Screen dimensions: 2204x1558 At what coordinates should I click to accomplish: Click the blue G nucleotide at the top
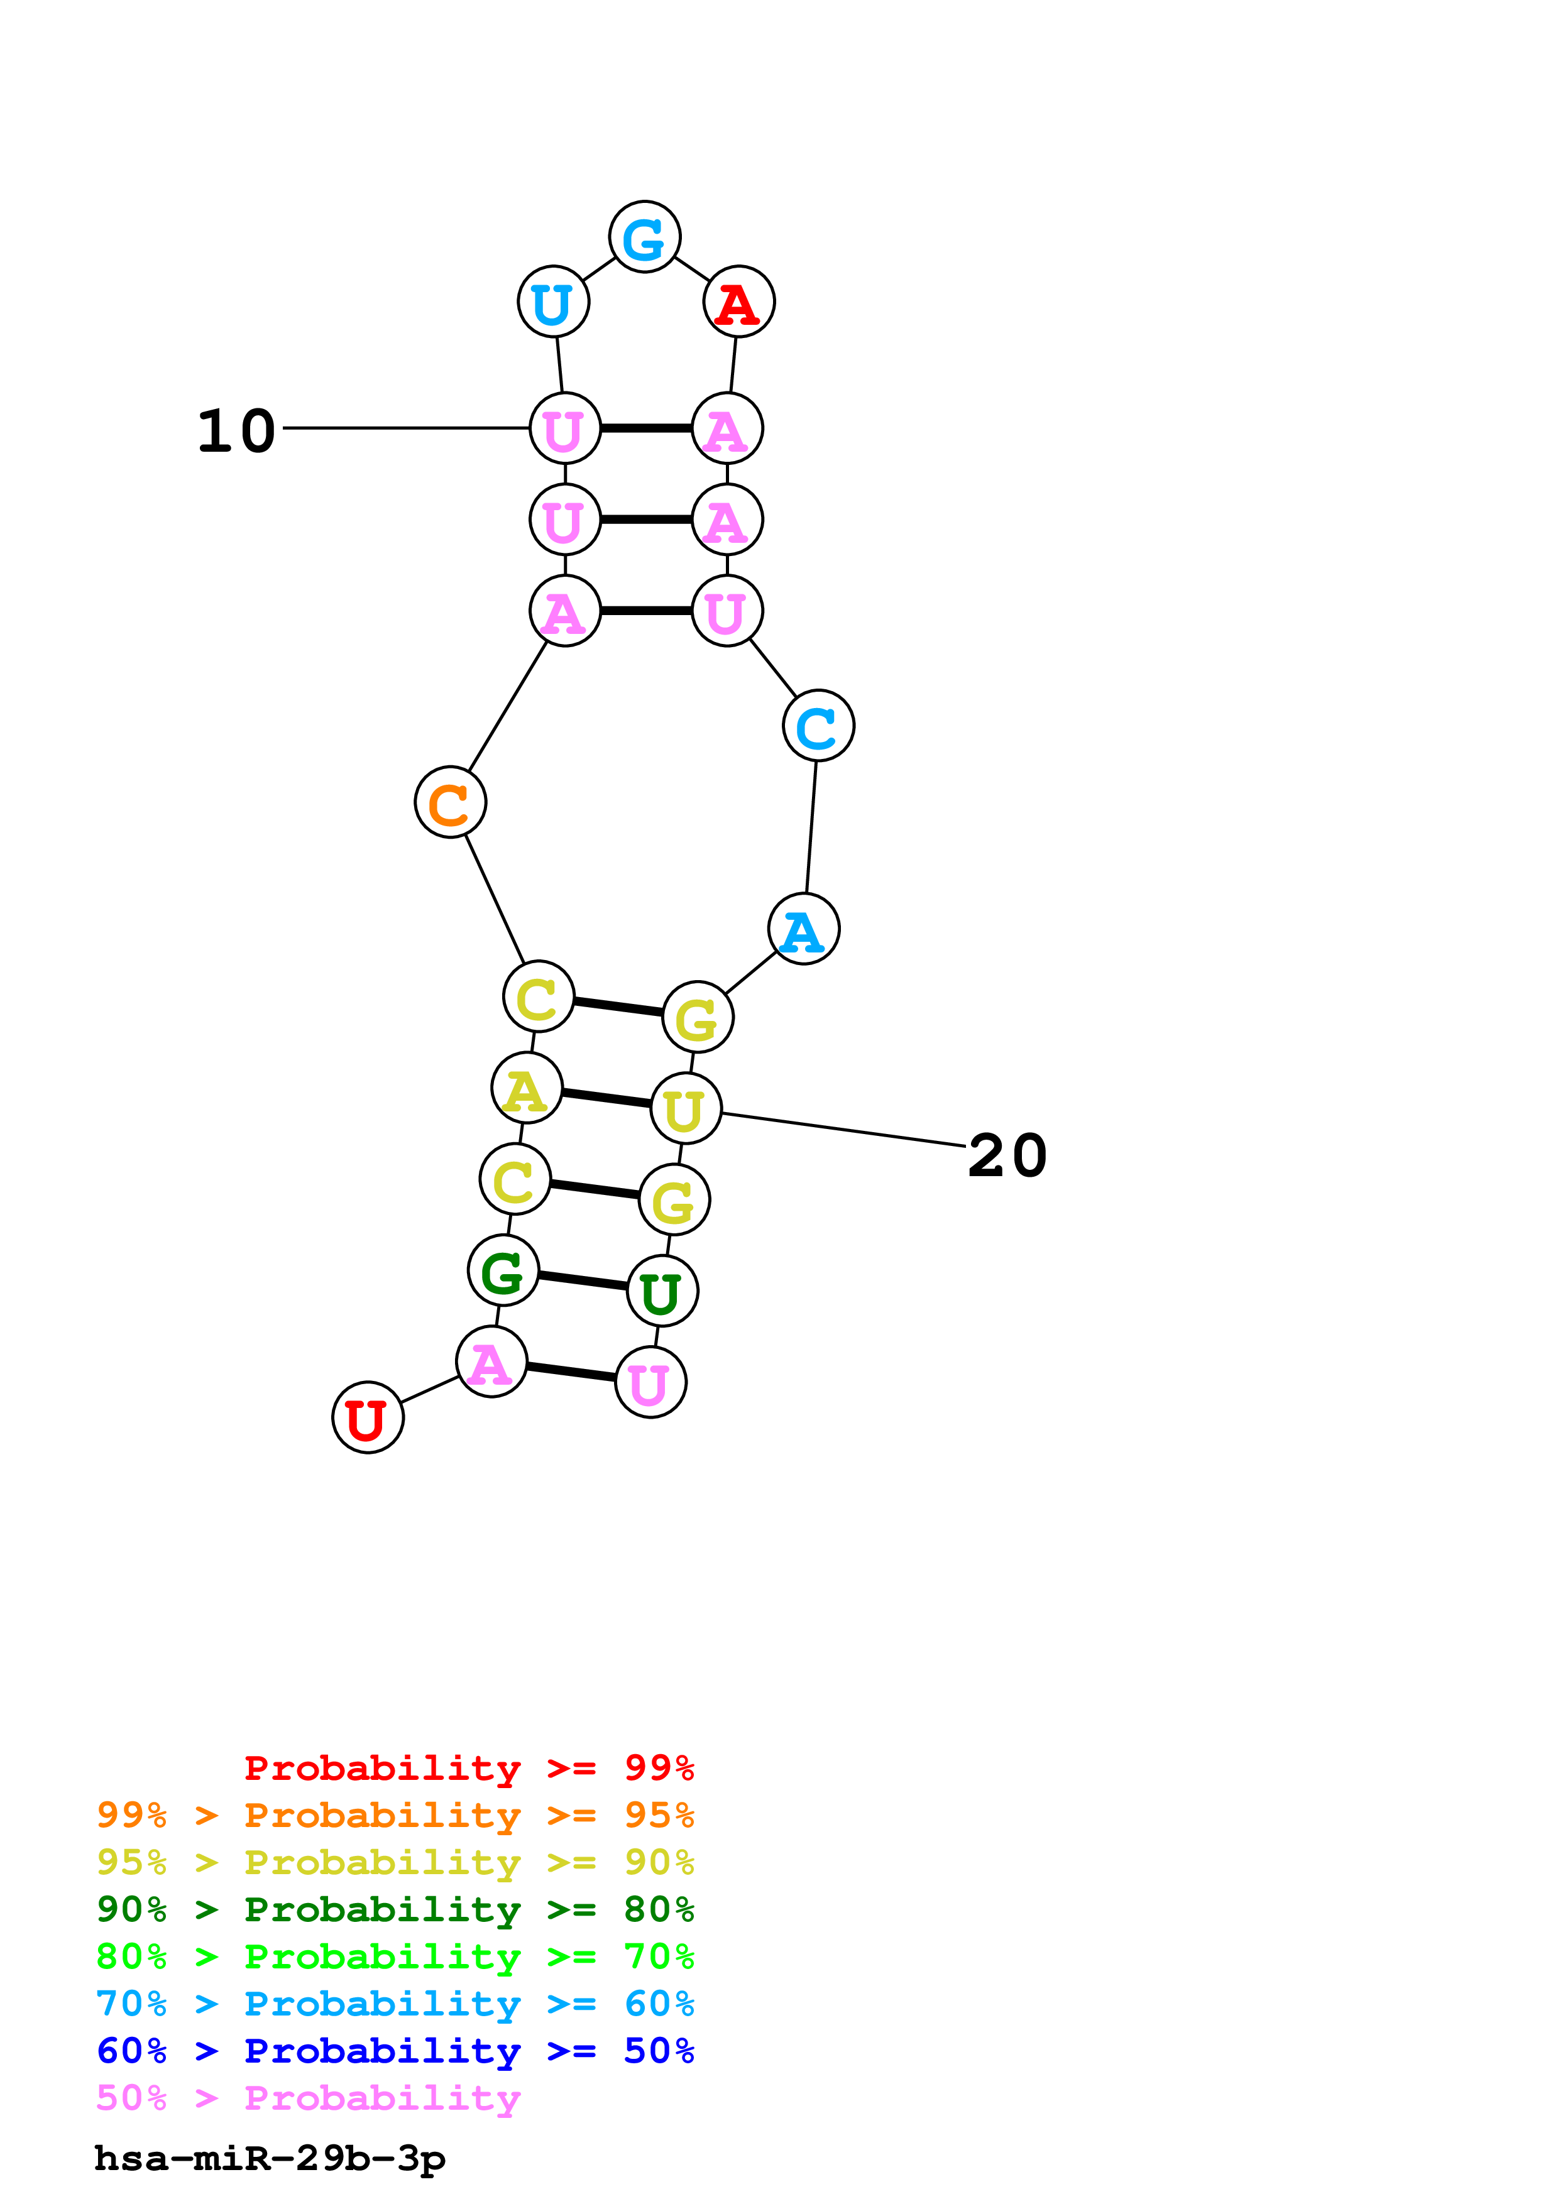pyautogui.click(x=644, y=237)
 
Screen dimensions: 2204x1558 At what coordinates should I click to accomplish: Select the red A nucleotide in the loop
pyautogui.click(x=738, y=302)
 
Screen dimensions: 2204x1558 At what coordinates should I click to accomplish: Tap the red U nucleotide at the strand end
pyautogui.click(x=368, y=1418)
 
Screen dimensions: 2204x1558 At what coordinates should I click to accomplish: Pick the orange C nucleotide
pyautogui.click(x=450, y=802)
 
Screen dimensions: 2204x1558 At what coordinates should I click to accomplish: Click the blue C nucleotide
pyautogui.click(x=818, y=726)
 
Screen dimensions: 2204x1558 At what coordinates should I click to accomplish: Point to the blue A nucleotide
pyautogui.click(x=803, y=929)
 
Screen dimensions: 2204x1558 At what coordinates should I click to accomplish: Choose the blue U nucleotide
pyautogui.click(x=553, y=302)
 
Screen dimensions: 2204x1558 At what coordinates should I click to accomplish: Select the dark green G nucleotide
pyautogui.click(x=503, y=1271)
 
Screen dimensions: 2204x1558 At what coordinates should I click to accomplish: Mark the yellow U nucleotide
pyautogui.click(x=686, y=1109)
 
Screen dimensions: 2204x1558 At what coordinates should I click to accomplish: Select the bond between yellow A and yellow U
pyautogui.click(x=606, y=1099)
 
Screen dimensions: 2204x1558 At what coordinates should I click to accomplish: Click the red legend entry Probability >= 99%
pyautogui.click(x=468, y=1767)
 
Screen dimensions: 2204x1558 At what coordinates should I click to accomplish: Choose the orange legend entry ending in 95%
pyautogui.click(x=395, y=1815)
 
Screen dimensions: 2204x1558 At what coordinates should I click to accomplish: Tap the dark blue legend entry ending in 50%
pyautogui.click(x=395, y=2051)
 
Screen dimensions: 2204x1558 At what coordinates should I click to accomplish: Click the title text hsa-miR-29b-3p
pyautogui.click(x=270, y=2159)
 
